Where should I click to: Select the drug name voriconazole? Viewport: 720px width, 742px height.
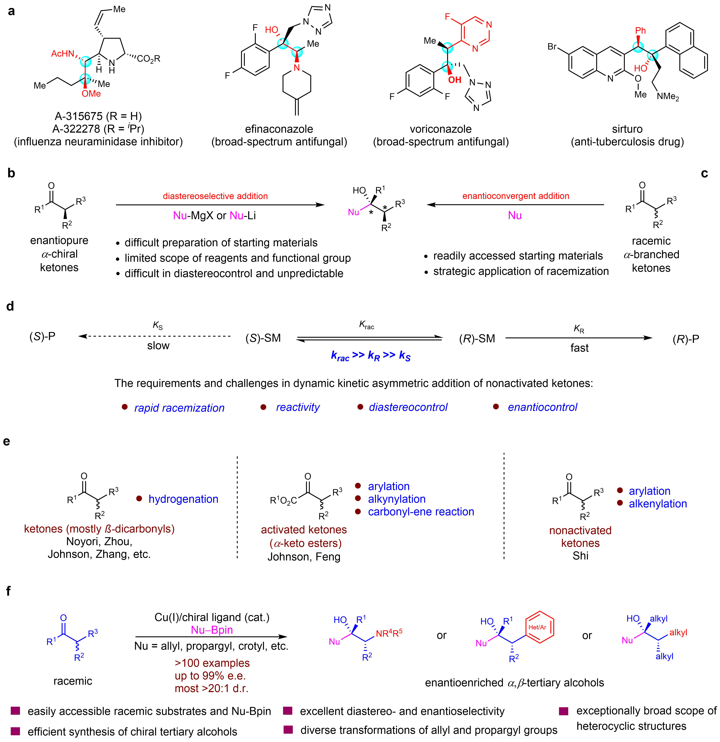[440, 129]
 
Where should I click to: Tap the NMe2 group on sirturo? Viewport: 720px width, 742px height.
[668, 97]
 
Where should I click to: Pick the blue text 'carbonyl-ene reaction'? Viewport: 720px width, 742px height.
[421, 512]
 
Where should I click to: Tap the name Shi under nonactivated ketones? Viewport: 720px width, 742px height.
[580, 556]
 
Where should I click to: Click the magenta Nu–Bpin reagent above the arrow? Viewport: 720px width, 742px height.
[212, 630]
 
